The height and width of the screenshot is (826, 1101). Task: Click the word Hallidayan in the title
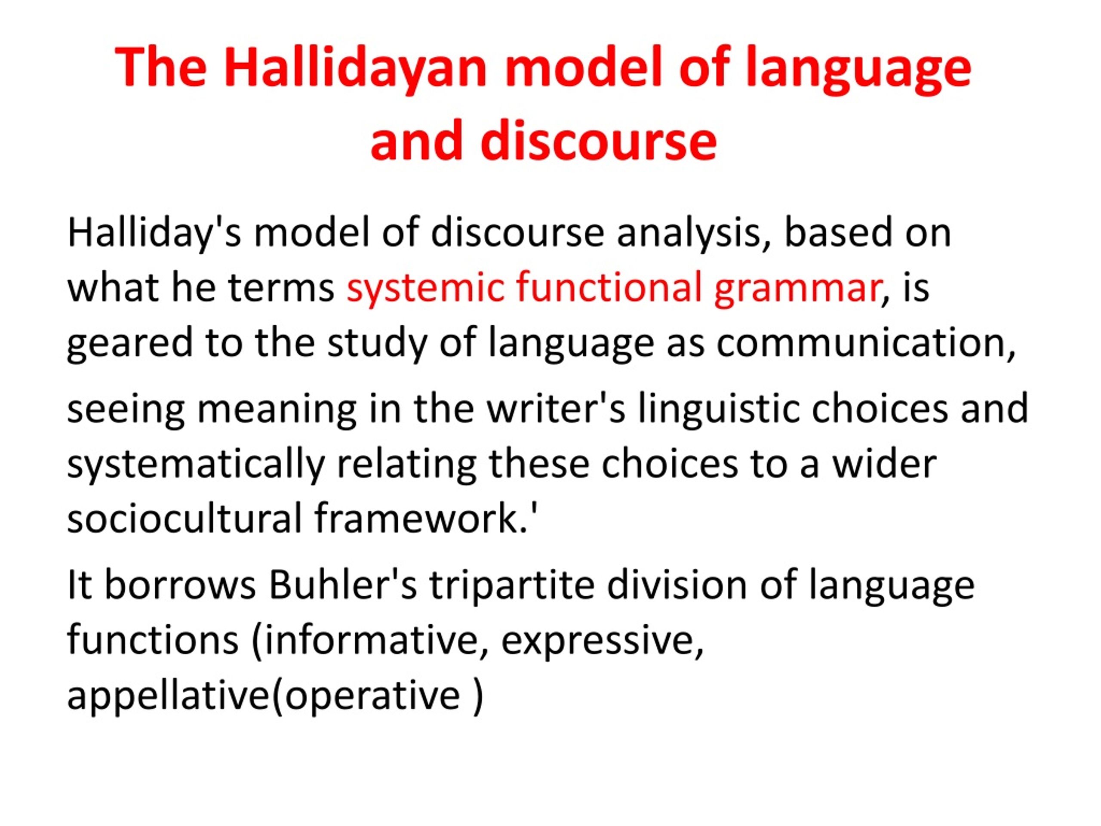(355, 68)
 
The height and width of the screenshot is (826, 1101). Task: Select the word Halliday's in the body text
(154, 234)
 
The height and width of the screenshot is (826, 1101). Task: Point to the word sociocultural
(185, 518)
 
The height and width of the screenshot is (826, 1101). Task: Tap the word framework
(421, 518)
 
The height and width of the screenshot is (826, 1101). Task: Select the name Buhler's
(343, 585)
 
